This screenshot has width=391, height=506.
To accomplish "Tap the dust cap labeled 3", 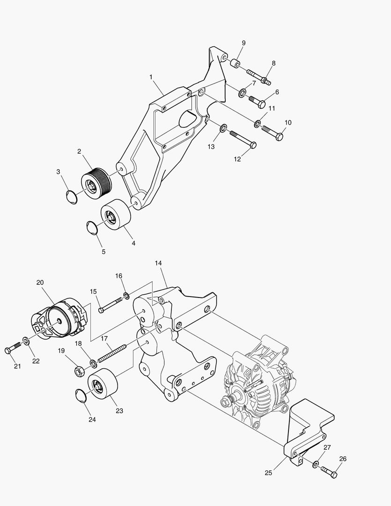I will pos(71,197).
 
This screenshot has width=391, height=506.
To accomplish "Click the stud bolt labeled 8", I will pos(258,76).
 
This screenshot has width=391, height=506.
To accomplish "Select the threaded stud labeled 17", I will pos(112,354).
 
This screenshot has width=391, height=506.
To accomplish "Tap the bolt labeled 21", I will pos(13,350).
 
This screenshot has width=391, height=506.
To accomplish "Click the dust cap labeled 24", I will pos(81,396).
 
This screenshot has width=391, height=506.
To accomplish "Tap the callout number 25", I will pos(268,473).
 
